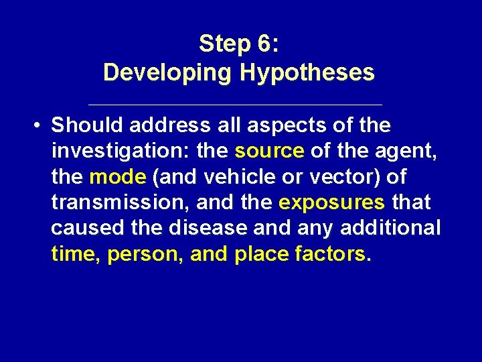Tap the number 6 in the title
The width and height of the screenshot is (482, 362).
coord(263,44)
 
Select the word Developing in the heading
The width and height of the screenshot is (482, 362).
coord(168,72)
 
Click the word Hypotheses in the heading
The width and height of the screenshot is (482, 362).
coord(307,72)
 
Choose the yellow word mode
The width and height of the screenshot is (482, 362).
coord(117,177)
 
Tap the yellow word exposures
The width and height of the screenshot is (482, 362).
coord(332,202)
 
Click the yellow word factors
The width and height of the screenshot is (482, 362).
coord(334,254)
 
